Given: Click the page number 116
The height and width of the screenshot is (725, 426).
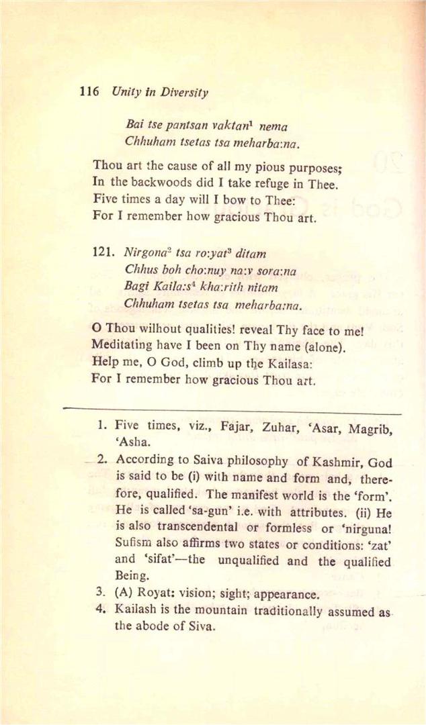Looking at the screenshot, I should pyautogui.click(x=88, y=93).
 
